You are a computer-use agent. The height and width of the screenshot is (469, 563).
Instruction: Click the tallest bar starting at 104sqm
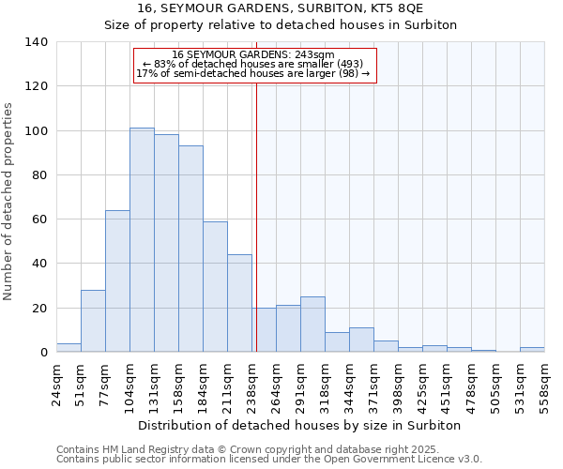click(142, 240)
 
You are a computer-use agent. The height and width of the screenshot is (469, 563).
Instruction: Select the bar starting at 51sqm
click(93, 321)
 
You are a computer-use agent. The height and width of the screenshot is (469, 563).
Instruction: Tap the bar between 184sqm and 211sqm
click(215, 287)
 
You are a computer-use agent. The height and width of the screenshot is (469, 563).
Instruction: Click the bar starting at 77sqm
click(117, 281)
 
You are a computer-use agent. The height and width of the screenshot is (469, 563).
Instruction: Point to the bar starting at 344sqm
click(361, 340)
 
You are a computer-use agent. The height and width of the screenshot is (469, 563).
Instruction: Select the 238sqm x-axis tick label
click(251, 383)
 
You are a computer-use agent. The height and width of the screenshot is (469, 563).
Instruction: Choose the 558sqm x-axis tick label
click(544, 383)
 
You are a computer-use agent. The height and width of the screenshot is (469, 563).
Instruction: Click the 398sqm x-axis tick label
click(398, 383)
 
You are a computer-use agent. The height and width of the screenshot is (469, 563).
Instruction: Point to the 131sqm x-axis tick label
click(154, 383)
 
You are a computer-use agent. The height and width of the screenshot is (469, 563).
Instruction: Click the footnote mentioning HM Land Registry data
click(267, 449)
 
